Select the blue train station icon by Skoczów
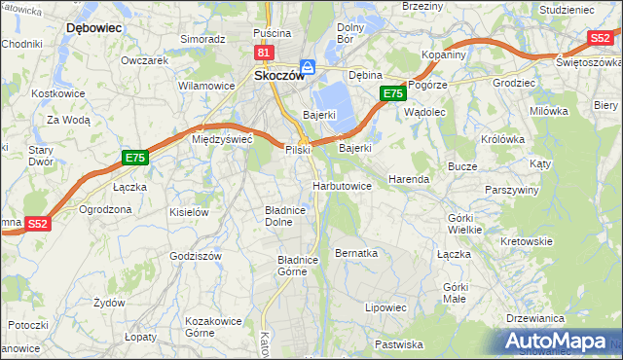(308, 67)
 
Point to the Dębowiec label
(93, 28)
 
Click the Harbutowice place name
(342, 185)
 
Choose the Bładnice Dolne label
(285, 215)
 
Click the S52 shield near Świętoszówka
(600, 38)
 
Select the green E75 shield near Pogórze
(391, 93)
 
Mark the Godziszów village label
(197, 255)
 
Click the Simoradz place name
(202, 39)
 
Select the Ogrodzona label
(105, 209)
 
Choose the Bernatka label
(355, 253)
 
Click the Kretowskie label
(526, 240)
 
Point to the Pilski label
(297, 150)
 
